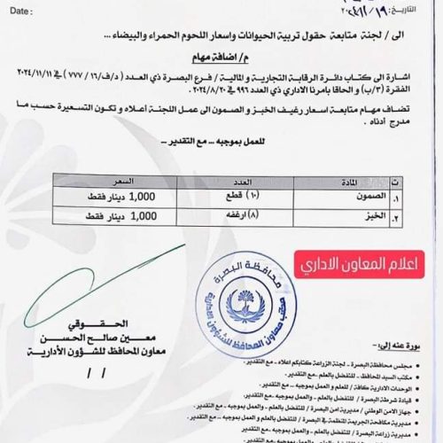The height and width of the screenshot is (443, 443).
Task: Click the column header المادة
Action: [330, 181]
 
